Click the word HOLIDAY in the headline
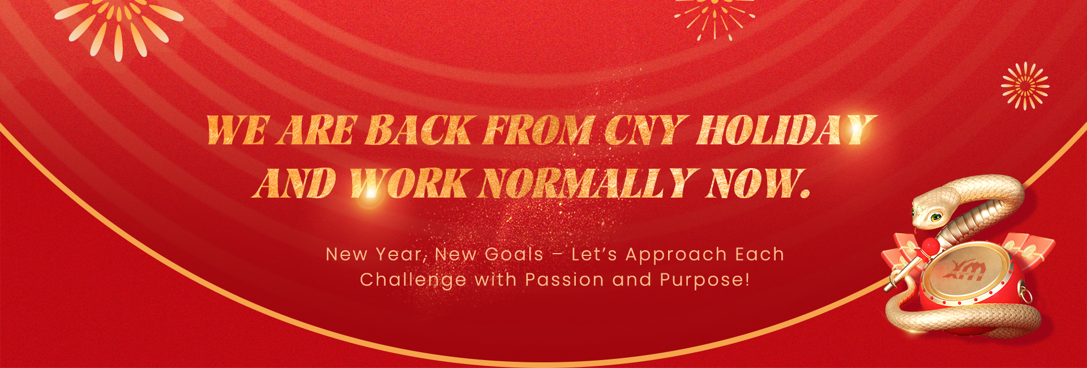coord(786,130)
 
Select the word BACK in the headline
coord(418,130)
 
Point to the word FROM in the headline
coord(538,130)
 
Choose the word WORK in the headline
coord(408,183)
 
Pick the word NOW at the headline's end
coord(758,183)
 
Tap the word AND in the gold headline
coord(294,183)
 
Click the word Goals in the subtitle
coord(513,255)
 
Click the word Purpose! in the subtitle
coord(705,280)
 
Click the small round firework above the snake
coord(1025,86)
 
